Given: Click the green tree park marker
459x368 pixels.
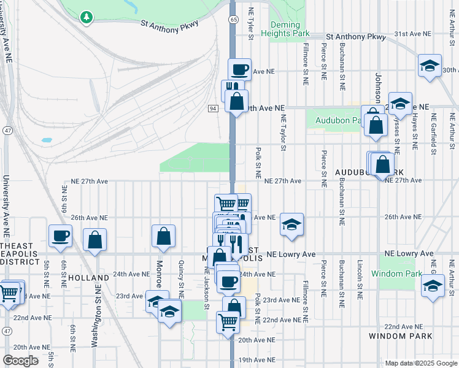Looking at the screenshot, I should tap(87, 16).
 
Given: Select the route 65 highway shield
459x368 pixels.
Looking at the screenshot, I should tap(234, 20).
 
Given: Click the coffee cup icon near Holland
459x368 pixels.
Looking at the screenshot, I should tap(61, 236).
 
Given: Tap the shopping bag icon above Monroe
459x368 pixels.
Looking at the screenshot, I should tap(164, 236).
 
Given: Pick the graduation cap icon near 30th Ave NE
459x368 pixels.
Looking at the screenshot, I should tap(430, 64).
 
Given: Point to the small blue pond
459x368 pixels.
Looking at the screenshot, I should tap(47, 140).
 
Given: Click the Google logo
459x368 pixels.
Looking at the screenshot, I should tap(20, 361).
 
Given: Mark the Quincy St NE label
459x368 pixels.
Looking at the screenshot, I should tap(181, 274).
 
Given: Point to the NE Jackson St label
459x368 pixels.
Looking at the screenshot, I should tap(207, 291).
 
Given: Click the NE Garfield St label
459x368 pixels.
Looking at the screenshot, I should tap(434, 132).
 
